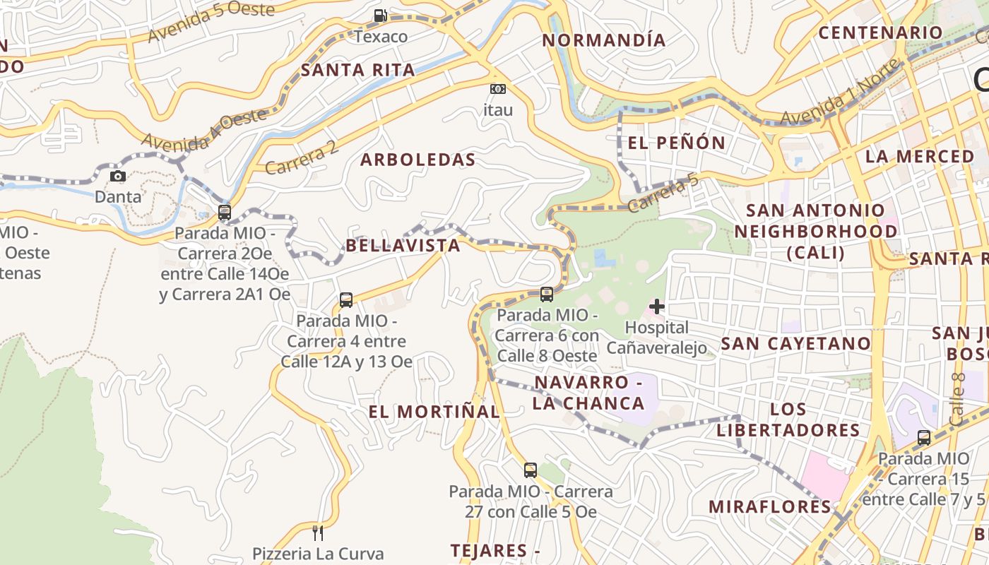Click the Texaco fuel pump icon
[x=381, y=15]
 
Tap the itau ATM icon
[x=498, y=89]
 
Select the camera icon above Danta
[x=118, y=176]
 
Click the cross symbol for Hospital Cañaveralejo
[x=657, y=307]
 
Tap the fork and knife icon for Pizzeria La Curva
[x=318, y=532]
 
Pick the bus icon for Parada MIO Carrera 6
[x=546, y=294]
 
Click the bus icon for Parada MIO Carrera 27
[x=531, y=470]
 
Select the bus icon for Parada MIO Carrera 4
[x=345, y=299]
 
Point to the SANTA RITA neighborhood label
[x=357, y=70]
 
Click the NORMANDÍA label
[x=604, y=40]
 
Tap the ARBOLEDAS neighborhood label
[x=418, y=160]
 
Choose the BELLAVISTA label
[x=403, y=246]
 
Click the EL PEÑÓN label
[x=676, y=143]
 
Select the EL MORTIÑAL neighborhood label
[x=434, y=411]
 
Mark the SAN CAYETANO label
[x=795, y=344]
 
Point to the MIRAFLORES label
[x=770, y=506]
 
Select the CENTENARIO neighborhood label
[x=880, y=32]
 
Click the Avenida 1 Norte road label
[x=841, y=93]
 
